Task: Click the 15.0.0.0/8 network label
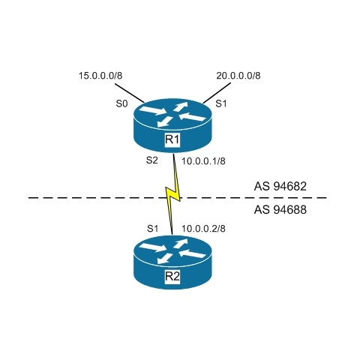[100, 76]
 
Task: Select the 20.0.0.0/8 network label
[238, 76]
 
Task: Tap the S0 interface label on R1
[121, 103]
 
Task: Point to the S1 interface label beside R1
[221, 103]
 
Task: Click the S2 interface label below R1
[152, 160]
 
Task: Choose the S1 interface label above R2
[152, 228]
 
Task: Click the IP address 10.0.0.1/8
[203, 161]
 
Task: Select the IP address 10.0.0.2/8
[203, 229]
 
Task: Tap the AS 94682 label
[280, 186]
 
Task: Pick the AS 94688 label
[280, 209]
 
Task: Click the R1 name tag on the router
[172, 139]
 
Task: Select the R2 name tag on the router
[172, 277]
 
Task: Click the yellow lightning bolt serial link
[172, 194]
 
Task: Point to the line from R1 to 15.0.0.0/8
[130, 93]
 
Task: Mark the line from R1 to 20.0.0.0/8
[217, 93]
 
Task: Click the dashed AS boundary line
[178, 198]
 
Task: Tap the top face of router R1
[172, 115]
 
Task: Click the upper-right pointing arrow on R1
[181, 106]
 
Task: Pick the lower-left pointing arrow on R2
[165, 259]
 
